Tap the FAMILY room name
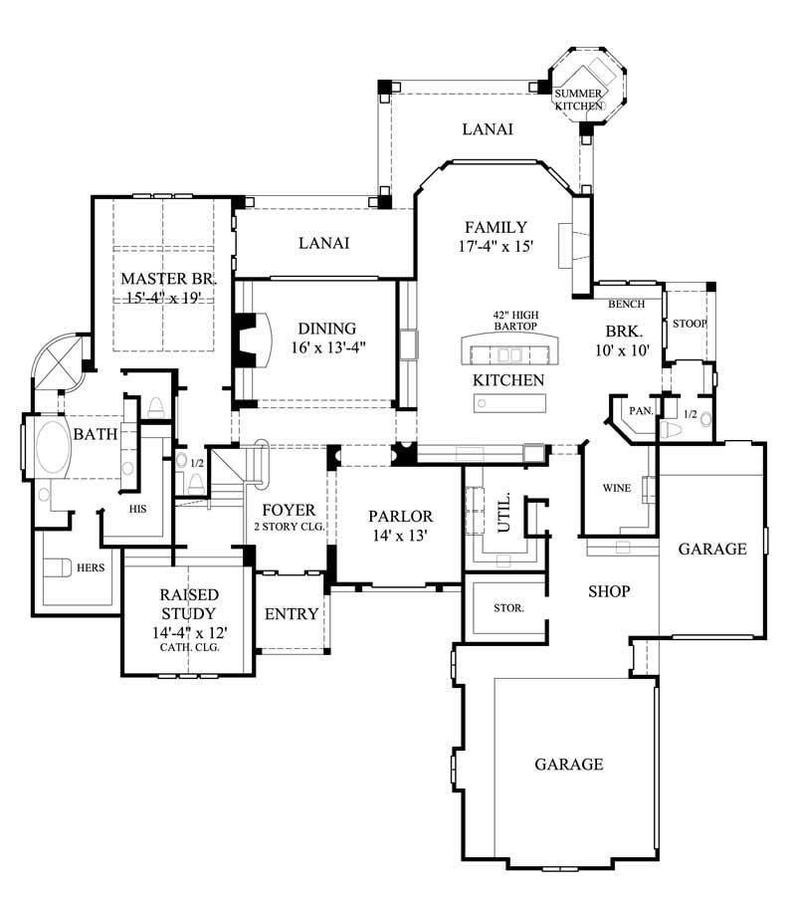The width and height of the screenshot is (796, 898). click(494, 227)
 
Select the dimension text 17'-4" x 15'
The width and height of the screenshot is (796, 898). click(494, 246)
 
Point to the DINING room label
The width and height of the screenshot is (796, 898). click(327, 329)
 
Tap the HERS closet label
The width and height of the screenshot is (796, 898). click(92, 568)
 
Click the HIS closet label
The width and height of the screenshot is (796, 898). click(138, 508)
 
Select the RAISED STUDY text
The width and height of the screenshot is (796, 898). click(188, 603)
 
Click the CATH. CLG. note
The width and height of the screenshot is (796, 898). click(188, 646)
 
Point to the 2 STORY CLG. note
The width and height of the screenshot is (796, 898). click(290, 525)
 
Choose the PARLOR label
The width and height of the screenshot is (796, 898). click(400, 516)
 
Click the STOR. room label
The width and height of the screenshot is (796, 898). click(509, 607)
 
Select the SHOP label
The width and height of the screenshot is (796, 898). click(608, 590)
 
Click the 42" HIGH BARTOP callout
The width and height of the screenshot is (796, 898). click(514, 320)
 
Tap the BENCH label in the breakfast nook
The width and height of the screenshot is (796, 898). click(626, 304)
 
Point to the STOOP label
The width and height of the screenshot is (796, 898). click(690, 324)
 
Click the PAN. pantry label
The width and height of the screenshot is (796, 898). click(638, 409)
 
